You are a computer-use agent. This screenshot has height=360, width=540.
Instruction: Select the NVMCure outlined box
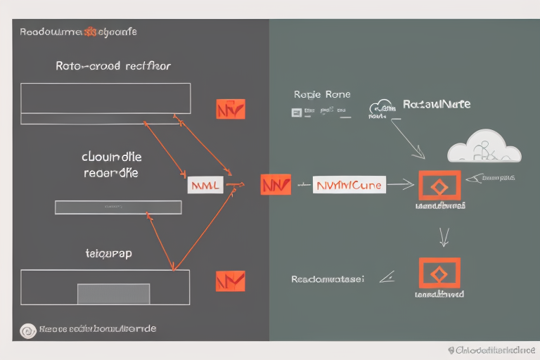point(349,185)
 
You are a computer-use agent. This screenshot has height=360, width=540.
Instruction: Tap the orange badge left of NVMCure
point(275,185)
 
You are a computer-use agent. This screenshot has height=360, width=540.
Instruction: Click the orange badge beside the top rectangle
point(231,109)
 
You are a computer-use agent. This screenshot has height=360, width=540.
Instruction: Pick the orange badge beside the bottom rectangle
point(231,281)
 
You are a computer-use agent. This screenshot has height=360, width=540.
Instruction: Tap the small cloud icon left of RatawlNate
point(382,107)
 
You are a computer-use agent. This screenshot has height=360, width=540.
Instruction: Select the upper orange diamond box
point(439,186)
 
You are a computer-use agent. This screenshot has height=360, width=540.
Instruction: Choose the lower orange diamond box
point(439,274)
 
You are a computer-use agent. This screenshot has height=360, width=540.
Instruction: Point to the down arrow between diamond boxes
point(444,237)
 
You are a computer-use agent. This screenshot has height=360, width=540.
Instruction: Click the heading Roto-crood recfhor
point(112,66)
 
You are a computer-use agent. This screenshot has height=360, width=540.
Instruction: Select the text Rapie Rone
point(322,94)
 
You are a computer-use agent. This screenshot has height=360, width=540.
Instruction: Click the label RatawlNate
point(437,104)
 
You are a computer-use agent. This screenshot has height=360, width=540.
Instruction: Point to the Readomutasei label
point(328,279)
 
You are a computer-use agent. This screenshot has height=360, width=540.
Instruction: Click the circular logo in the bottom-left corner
point(28,330)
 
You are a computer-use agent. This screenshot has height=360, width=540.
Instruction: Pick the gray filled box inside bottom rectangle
point(113,293)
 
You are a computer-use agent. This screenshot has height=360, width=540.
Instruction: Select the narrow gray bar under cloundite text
point(118,207)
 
